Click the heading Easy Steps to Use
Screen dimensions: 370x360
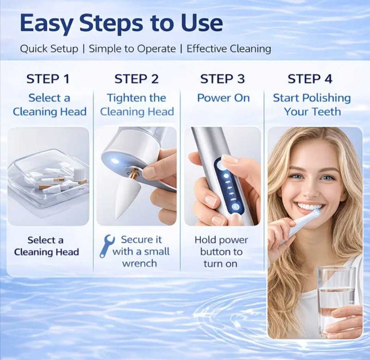click(x=121, y=24)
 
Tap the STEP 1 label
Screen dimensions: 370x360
click(x=48, y=79)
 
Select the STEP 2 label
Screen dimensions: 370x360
click(x=136, y=79)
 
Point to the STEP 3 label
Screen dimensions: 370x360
click(x=223, y=79)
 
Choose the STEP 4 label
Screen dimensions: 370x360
click(x=310, y=79)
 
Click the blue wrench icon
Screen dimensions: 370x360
click(x=107, y=246)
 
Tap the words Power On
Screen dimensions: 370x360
click(x=223, y=98)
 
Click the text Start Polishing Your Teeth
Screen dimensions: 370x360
click(x=312, y=104)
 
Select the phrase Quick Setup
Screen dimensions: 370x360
click(x=49, y=49)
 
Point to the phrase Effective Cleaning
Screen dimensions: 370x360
click(x=229, y=49)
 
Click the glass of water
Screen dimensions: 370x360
click(x=337, y=300)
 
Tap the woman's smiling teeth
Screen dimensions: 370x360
click(x=308, y=207)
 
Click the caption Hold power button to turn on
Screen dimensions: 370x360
click(x=221, y=252)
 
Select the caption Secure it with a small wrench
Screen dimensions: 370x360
click(x=141, y=251)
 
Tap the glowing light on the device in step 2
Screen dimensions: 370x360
click(x=115, y=161)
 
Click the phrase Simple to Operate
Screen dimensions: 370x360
click(x=133, y=49)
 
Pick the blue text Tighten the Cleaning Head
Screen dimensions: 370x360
click(x=137, y=104)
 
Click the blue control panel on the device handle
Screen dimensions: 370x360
click(x=228, y=185)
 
